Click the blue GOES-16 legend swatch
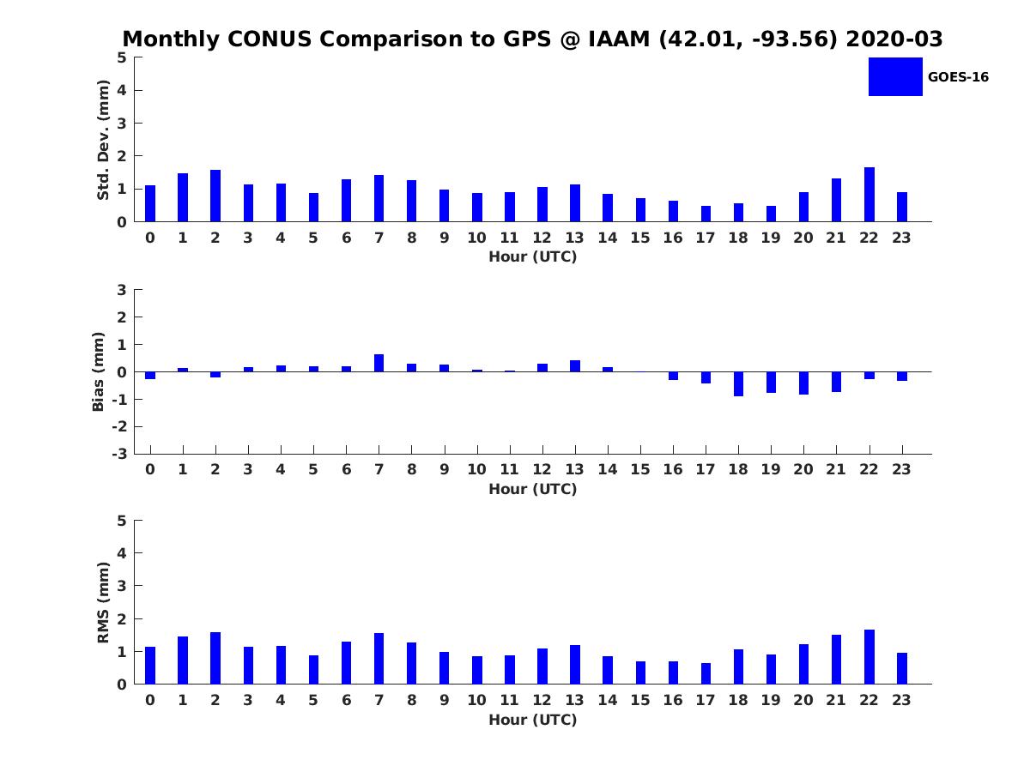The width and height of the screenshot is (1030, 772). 895,76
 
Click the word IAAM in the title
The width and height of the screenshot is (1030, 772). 617,39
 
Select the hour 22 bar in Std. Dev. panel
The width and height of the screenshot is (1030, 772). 869,195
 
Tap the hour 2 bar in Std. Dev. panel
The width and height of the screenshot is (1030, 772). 215,196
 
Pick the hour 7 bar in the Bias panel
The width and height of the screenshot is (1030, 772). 379,363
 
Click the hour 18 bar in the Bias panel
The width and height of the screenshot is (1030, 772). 738,383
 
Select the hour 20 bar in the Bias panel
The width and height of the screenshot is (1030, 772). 803,383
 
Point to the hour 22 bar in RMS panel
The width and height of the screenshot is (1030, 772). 869,657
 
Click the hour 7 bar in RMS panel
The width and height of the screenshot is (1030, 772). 379,659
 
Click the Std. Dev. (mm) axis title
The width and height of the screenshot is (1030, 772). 103,140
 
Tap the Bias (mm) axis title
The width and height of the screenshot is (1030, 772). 99,371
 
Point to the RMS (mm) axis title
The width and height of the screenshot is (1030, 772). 103,602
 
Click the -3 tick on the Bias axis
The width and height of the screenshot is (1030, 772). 121,454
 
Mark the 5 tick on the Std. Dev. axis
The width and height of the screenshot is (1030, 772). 123,57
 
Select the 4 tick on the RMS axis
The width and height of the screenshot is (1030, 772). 123,553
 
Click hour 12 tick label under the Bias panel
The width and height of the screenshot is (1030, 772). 542,469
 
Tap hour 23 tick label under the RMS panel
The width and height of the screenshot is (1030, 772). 901,700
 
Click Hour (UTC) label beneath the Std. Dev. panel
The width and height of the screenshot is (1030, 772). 532,256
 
